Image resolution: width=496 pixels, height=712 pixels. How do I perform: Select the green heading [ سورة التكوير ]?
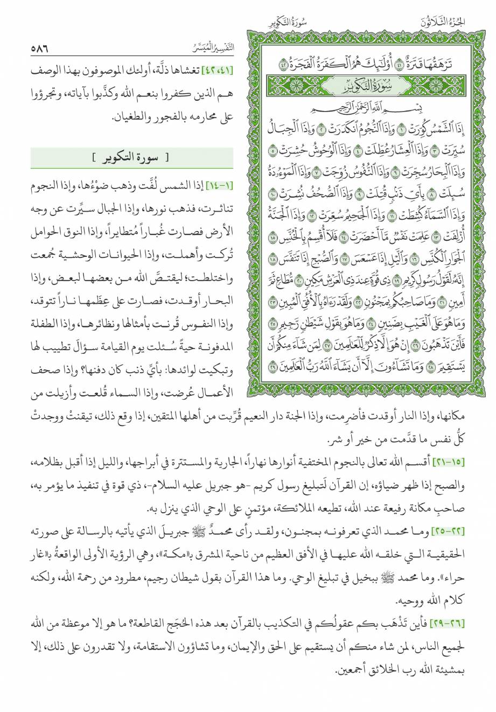(130, 158)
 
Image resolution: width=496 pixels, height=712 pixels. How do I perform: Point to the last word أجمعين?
(352, 671)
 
